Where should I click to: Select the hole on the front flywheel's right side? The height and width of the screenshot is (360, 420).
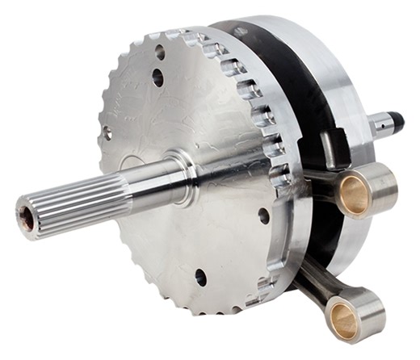[x=264, y=216]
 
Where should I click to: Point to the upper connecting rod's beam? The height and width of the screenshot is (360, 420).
[x=318, y=179]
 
